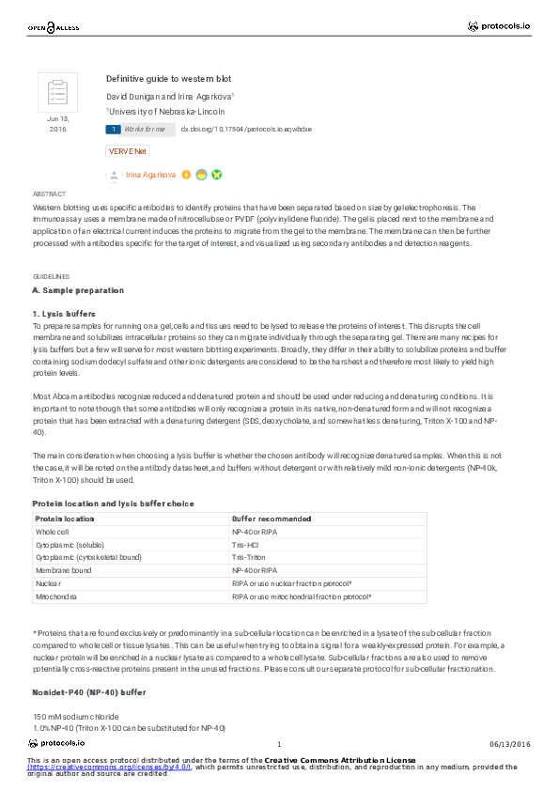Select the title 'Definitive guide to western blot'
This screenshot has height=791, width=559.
(x=168, y=79)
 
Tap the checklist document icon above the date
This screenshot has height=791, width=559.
(x=57, y=93)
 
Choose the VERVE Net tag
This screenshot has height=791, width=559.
(x=128, y=150)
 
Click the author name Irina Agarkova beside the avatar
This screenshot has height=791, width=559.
(x=150, y=175)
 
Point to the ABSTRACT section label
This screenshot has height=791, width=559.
(x=49, y=194)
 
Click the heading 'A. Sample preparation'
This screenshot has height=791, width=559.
(x=79, y=290)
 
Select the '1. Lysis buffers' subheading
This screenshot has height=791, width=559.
(x=64, y=313)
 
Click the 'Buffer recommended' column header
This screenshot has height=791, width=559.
(x=272, y=519)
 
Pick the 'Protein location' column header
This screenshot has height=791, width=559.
(x=65, y=519)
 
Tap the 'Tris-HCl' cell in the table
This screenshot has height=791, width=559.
(x=246, y=545)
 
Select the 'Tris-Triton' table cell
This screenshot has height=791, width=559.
(x=249, y=557)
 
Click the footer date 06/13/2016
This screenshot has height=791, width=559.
(x=510, y=744)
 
